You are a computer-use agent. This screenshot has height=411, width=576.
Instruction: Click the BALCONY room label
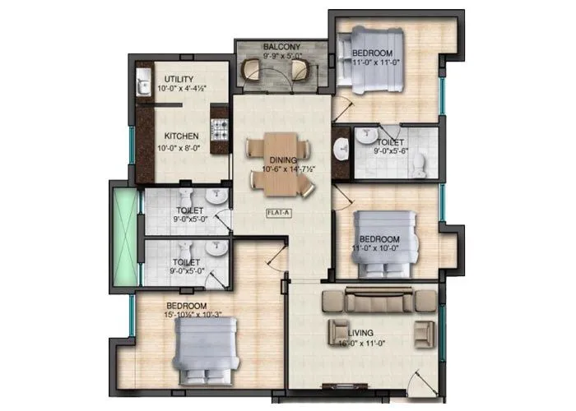coord(281,47)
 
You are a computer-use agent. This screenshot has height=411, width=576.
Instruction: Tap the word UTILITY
coord(179,78)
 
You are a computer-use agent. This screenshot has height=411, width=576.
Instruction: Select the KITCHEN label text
coord(180,136)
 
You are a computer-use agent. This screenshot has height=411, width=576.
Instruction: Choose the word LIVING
coord(360,332)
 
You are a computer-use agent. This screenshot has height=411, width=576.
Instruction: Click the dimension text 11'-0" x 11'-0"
coord(375,62)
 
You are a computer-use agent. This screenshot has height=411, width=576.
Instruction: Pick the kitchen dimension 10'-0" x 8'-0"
coord(180,148)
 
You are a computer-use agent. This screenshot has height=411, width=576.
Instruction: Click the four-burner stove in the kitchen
coord(220,129)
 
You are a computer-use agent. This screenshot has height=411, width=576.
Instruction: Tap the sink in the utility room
coord(142,84)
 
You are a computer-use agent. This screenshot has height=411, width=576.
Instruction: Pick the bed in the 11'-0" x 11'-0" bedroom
coord(375,59)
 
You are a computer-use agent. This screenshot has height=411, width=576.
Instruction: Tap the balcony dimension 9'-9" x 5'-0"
coord(281,58)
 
